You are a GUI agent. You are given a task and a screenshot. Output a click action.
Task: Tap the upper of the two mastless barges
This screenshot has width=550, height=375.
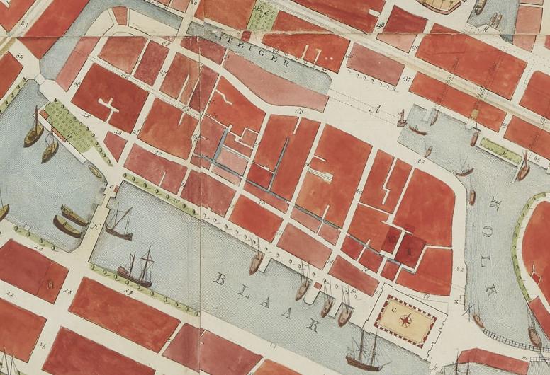[74, 214]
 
